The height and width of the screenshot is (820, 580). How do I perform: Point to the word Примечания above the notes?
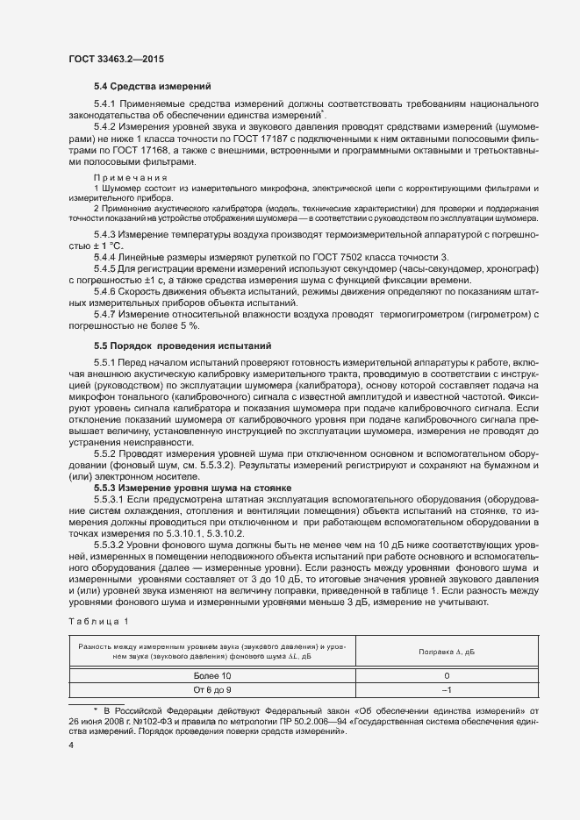(125, 178)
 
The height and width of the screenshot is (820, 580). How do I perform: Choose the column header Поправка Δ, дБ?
(447, 652)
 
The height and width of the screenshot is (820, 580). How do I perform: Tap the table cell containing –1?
(447, 690)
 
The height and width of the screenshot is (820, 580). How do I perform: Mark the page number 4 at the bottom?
(72, 745)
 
